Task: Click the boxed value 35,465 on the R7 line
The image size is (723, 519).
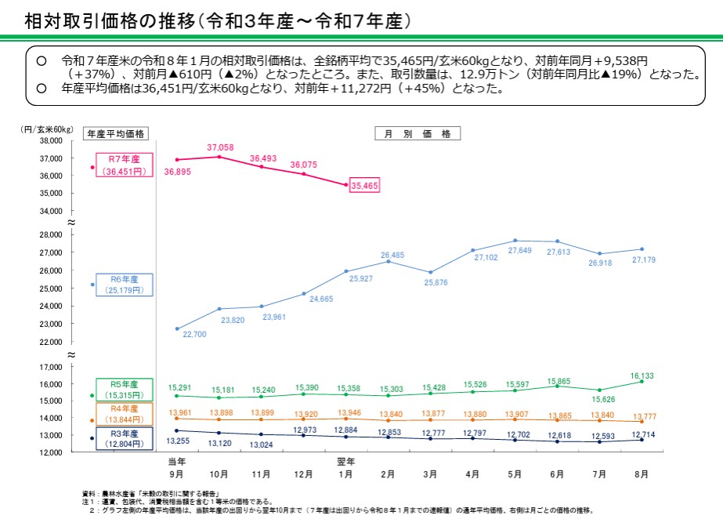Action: pyautogui.click(x=365, y=186)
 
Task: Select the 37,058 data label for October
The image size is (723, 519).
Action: pyautogui.click(x=220, y=147)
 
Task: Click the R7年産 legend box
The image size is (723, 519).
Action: pyautogui.click(x=123, y=165)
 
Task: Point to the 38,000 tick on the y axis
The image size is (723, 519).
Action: pyautogui.click(x=50, y=141)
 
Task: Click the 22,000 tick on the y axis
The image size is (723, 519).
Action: pyautogui.click(x=50, y=343)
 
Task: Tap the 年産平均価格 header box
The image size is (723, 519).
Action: pyautogui.click(x=117, y=133)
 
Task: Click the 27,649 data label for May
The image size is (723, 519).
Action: pyautogui.click(x=519, y=250)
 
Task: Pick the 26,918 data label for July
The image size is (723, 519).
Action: pyautogui.click(x=601, y=263)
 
